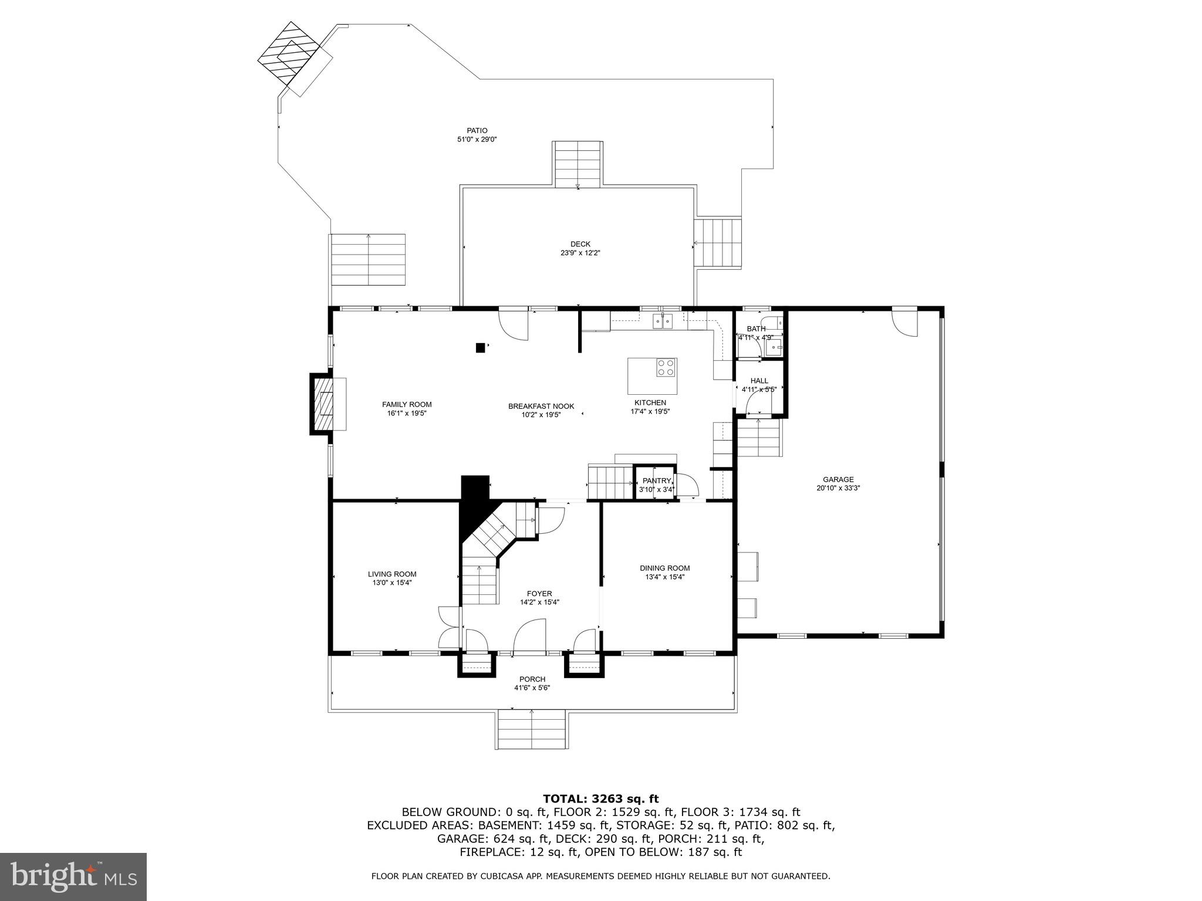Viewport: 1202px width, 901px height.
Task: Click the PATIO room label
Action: click(x=477, y=130)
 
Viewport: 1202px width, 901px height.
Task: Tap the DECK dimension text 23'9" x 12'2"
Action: click(x=580, y=253)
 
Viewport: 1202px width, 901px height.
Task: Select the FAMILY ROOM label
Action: click(x=407, y=404)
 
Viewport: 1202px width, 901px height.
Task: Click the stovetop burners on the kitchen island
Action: click(x=666, y=367)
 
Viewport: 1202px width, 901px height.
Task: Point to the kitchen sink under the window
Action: click(x=664, y=321)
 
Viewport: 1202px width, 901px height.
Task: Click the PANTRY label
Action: click(x=656, y=480)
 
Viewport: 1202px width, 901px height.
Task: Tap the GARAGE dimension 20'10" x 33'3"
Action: click(x=838, y=488)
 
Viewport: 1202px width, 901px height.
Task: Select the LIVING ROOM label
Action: click(x=392, y=574)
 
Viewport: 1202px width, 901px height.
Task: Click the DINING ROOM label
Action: click(x=664, y=568)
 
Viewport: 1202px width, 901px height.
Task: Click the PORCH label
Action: click(x=532, y=679)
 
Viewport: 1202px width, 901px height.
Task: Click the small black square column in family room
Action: click(x=480, y=348)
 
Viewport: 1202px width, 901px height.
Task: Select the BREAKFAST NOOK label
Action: click(x=541, y=406)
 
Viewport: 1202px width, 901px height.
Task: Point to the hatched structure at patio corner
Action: click(x=288, y=53)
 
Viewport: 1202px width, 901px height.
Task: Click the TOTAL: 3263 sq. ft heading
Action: click(x=600, y=798)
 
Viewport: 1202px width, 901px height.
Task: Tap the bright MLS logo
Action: click(x=73, y=876)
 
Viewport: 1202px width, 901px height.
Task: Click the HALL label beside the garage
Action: click(x=759, y=381)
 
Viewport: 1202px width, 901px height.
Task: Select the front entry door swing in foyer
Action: click(x=530, y=637)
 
